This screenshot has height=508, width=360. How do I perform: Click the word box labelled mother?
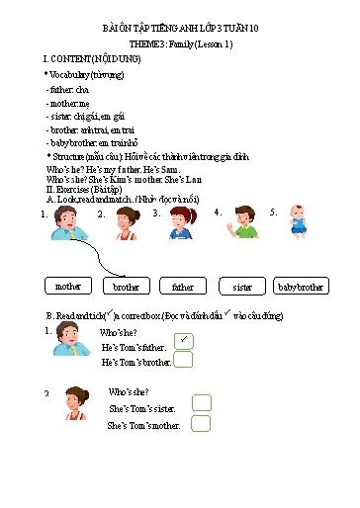click(68, 287)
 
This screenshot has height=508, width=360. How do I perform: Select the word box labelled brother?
click(126, 287)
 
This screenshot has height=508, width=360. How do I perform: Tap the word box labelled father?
click(183, 287)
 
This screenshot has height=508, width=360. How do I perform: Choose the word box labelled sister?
click(242, 287)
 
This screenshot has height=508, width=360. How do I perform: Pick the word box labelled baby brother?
click(301, 287)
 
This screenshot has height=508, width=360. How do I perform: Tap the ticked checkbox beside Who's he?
click(183, 341)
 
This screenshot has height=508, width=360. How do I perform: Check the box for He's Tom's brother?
click(183, 360)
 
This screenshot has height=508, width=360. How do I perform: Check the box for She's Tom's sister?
click(201, 402)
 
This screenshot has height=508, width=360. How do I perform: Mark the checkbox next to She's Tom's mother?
click(201, 424)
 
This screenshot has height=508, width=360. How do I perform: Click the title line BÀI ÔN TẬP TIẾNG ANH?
click(180, 31)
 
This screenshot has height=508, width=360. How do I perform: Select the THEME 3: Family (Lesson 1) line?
click(181, 45)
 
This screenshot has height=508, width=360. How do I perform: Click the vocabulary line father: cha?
click(68, 90)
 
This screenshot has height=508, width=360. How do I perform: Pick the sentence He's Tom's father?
click(135, 347)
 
